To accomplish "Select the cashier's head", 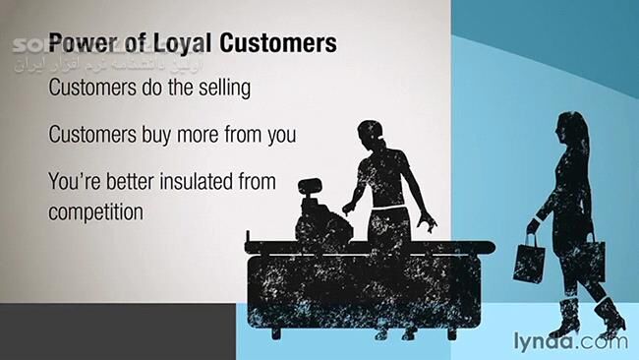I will tap(370, 132).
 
